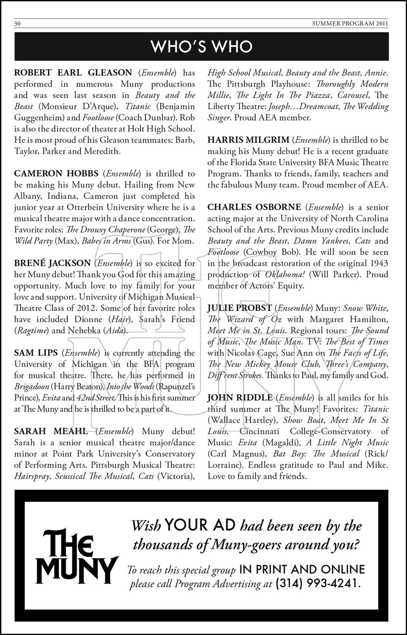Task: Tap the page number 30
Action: [x=18, y=24]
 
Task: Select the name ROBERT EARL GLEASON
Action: [x=73, y=73]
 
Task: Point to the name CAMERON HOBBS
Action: [x=56, y=174]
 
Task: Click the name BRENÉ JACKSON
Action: [x=52, y=263]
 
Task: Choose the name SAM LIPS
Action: [x=36, y=353]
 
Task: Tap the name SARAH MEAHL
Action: [x=51, y=431]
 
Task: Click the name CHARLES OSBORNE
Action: [x=254, y=207]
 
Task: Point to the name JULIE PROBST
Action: [x=240, y=308]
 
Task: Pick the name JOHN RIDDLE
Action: [x=240, y=398]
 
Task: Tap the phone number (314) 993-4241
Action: [x=318, y=584]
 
